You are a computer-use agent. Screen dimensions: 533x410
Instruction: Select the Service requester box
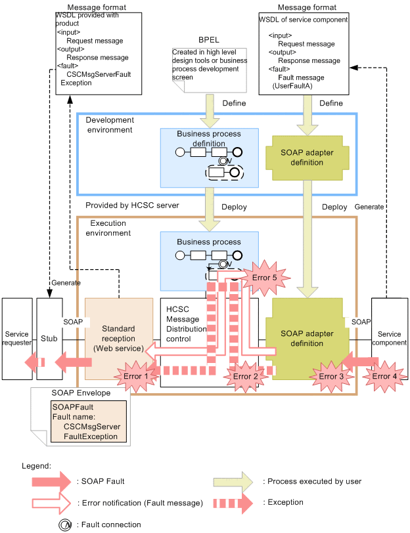click(x=16, y=338)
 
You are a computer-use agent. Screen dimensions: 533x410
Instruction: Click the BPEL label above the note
click(x=209, y=40)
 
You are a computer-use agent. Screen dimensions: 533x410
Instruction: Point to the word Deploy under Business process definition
click(x=234, y=207)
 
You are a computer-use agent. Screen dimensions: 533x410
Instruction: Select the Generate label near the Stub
click(x=65, y=282)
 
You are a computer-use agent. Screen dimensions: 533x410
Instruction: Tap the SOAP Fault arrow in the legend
click(x=50, y=481)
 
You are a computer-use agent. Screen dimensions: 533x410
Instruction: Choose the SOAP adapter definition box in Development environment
click(x=307, y=158)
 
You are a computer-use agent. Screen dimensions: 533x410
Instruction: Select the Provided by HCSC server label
click(x=132, y=205)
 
